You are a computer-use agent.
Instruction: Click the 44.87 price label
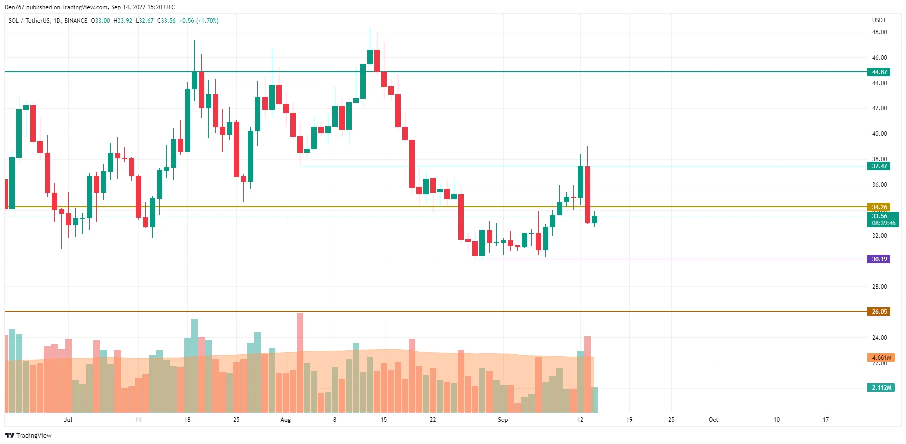[879, 72]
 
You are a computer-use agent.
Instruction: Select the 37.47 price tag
[879, 166]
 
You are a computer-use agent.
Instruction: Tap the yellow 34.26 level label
[879, 207]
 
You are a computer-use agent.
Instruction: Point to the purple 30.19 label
[879, 259]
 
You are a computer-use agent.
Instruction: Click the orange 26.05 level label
[879, 312]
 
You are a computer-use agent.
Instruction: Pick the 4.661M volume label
[881, 358]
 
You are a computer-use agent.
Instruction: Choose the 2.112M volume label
[881, 388]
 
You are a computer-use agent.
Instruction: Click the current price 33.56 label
[879, 216]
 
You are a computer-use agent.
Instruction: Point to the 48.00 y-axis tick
[879, 32]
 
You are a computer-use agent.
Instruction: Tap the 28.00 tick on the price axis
[879, 287]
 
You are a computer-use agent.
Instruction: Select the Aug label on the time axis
[285, 420]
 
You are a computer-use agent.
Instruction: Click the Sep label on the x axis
[503, 420]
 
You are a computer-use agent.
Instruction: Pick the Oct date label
[713, 420]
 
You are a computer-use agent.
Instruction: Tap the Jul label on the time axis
[68, 420]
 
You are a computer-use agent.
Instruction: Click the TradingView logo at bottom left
[28, 436]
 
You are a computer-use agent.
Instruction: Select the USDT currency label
[879, 20]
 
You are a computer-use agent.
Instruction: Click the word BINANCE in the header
[76, 21]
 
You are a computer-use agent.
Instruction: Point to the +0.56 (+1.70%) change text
[199, 21]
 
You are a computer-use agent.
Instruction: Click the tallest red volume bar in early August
[300, 362]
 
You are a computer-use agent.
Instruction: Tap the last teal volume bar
[594, 400]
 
